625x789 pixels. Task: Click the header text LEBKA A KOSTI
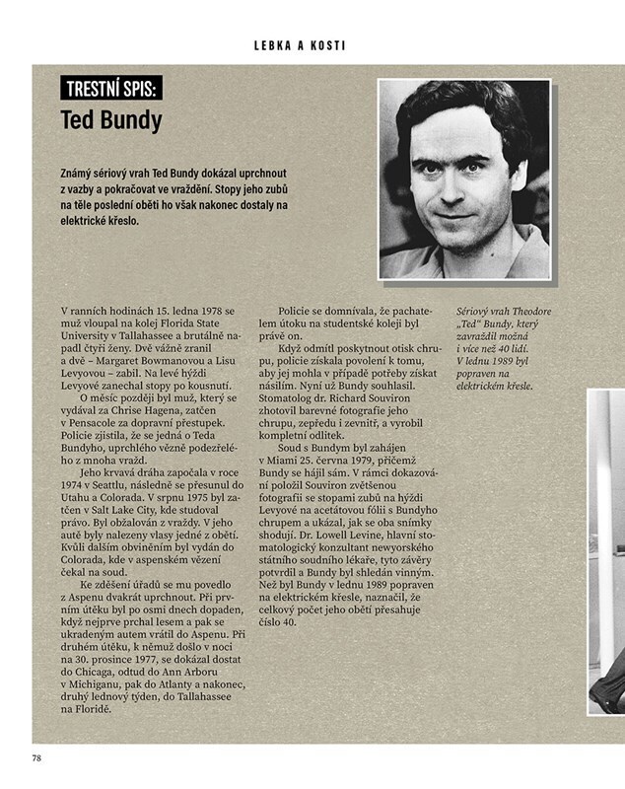pos(312,45)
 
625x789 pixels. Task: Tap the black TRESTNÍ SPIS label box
pos(110,89)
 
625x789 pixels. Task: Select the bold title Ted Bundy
pos(110,121)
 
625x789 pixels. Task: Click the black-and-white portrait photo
pos(464,179)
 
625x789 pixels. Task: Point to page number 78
pos(36,757)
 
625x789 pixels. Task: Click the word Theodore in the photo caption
pos(532,313)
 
